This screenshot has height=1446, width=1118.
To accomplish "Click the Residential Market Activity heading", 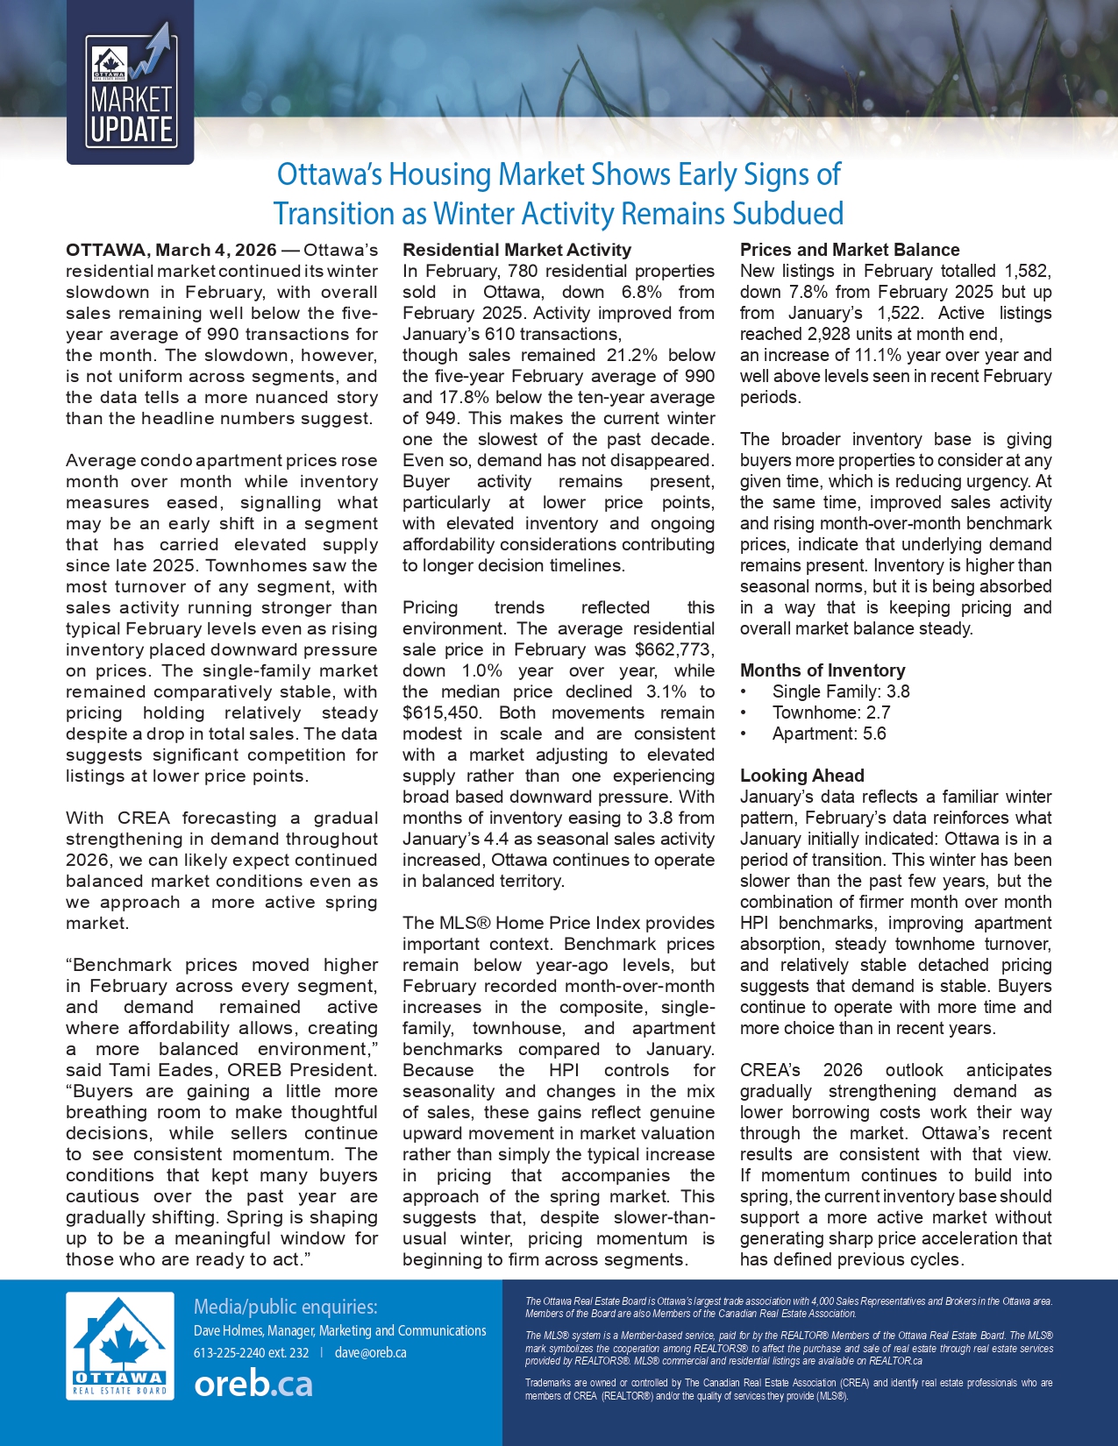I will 516,250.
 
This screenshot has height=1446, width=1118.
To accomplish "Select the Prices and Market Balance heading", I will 849,250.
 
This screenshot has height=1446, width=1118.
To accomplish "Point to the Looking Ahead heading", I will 801,776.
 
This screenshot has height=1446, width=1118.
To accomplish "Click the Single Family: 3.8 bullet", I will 840,691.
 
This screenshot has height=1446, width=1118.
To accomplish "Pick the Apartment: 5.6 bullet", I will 829,734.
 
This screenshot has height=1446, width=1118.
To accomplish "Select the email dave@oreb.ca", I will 370,1352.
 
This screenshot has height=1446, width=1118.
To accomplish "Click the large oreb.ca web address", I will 253,1384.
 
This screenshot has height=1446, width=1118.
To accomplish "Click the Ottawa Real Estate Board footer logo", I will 119,1346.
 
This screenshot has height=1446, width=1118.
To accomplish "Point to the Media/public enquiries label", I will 285,1307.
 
